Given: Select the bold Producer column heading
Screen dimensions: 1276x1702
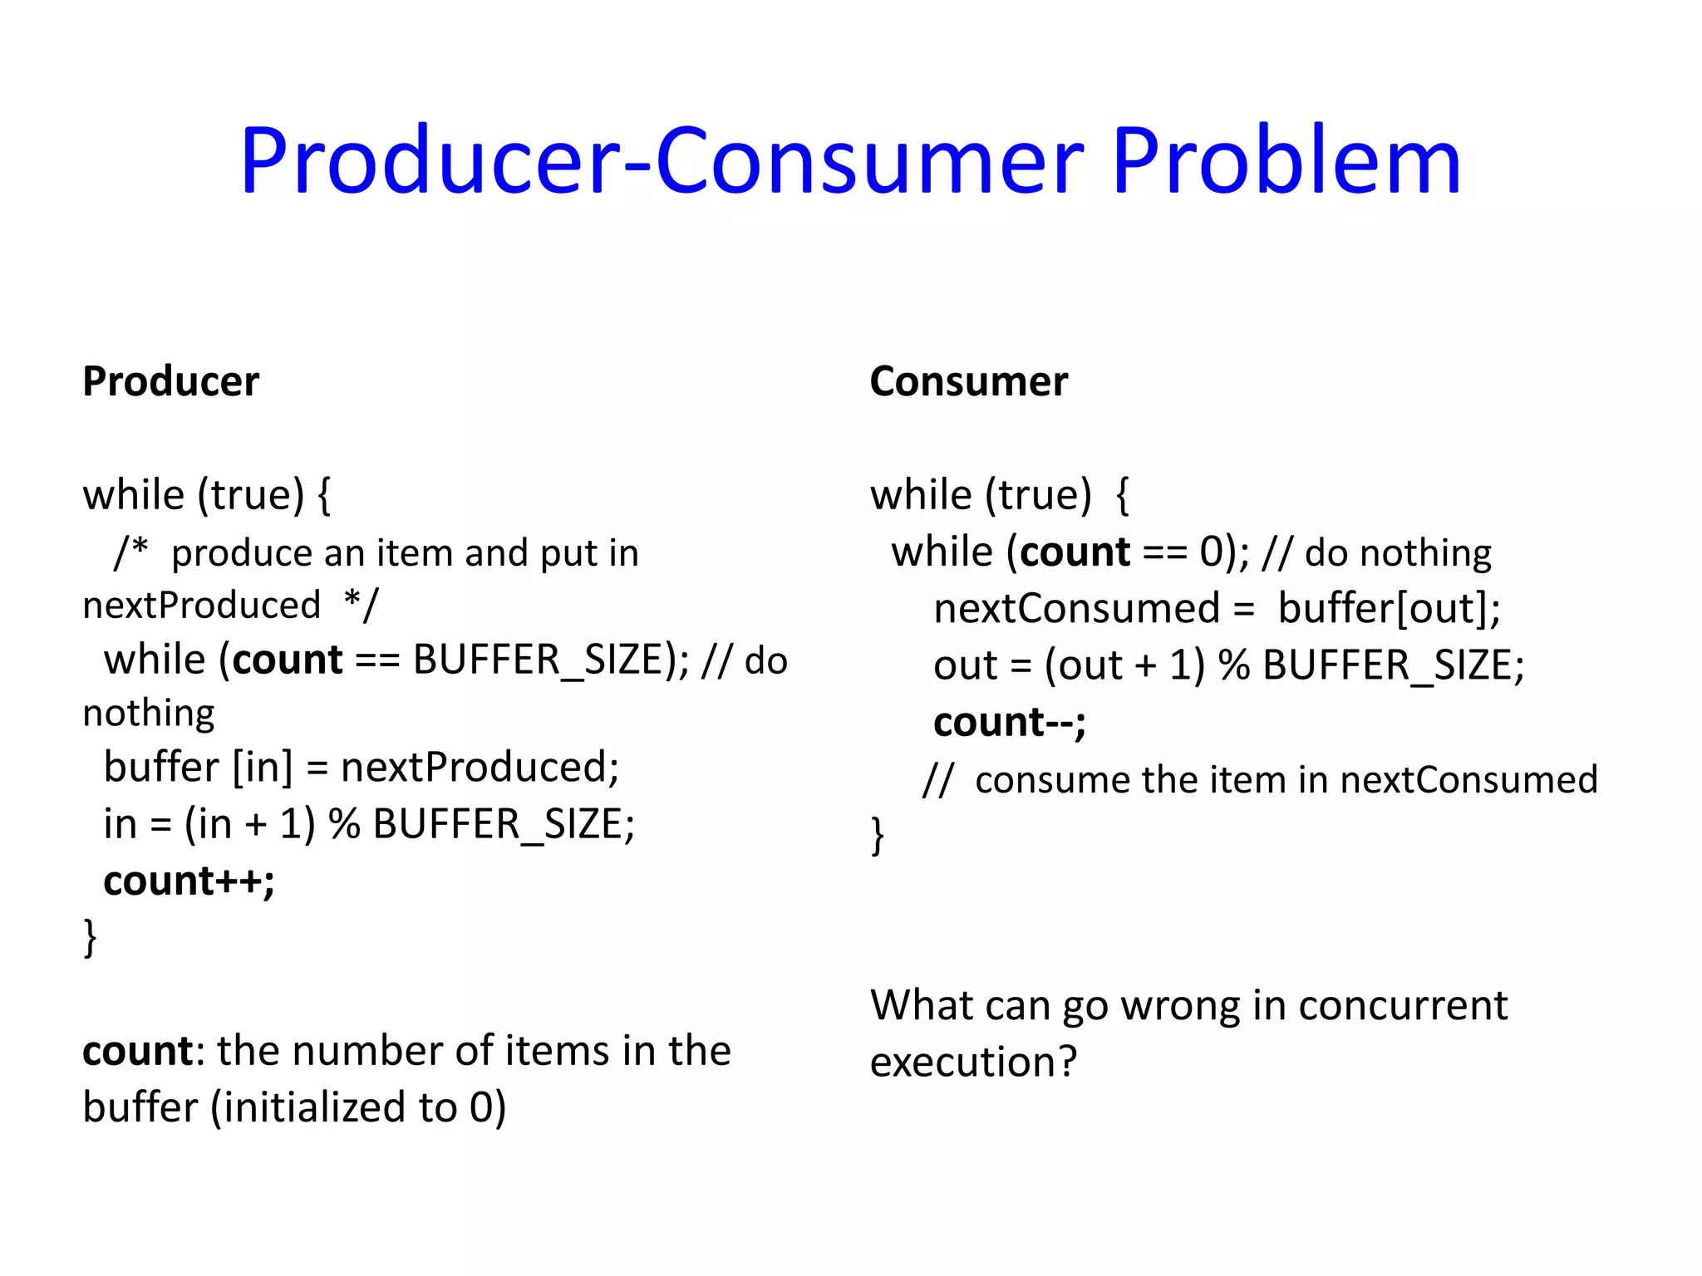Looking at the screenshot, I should tap(171, 382).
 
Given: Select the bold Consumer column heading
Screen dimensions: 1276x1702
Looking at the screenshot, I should tap(968, 382).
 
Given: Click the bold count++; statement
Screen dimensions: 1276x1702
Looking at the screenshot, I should tap(189, 881).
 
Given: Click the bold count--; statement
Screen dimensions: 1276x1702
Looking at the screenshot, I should tap(1009, 722).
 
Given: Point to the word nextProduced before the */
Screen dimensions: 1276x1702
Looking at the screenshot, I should tap(201, 605).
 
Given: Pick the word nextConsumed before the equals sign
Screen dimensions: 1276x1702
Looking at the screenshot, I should tap(1076, 608).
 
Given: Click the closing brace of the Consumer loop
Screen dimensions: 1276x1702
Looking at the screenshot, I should tap(878, 835).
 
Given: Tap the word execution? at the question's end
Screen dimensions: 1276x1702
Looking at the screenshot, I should tap(973, 1062).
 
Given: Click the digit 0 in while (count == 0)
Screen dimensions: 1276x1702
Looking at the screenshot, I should tap(1211, 552).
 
